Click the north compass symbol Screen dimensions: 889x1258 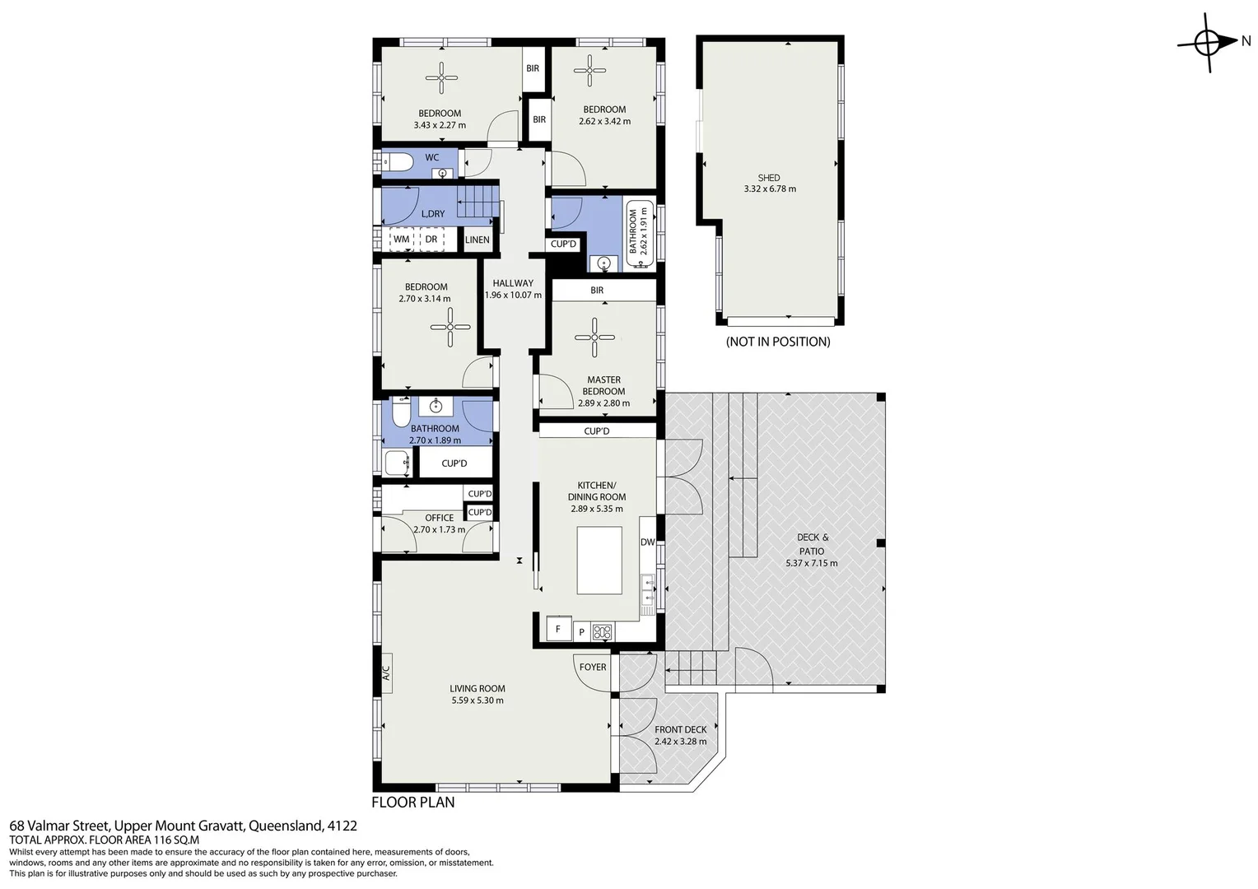coord(1208,42)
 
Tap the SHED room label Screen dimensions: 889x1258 coord(769,178)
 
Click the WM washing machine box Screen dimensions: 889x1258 coord(402,240)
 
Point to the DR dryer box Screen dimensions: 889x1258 coord(431,240)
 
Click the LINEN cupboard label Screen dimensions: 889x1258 coord(478,240)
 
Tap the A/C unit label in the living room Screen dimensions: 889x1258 coord(385,673)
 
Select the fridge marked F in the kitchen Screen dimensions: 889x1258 coord(558,630)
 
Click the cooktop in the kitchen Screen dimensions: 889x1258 coord(603,632)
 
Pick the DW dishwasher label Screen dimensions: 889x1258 coord(647,542)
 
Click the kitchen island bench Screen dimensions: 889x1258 coord(599,561)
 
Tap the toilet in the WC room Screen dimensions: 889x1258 coord(396,162)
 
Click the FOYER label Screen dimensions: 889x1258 coord(593,668)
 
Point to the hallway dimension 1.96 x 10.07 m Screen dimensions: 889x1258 coord(513,295)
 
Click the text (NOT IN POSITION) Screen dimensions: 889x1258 coord(777,342)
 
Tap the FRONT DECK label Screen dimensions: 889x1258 coord(680,729)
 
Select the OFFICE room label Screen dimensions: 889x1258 coord(439,518)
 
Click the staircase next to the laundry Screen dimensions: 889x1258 coord(478,202)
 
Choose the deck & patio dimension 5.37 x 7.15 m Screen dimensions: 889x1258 coord(811,563)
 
